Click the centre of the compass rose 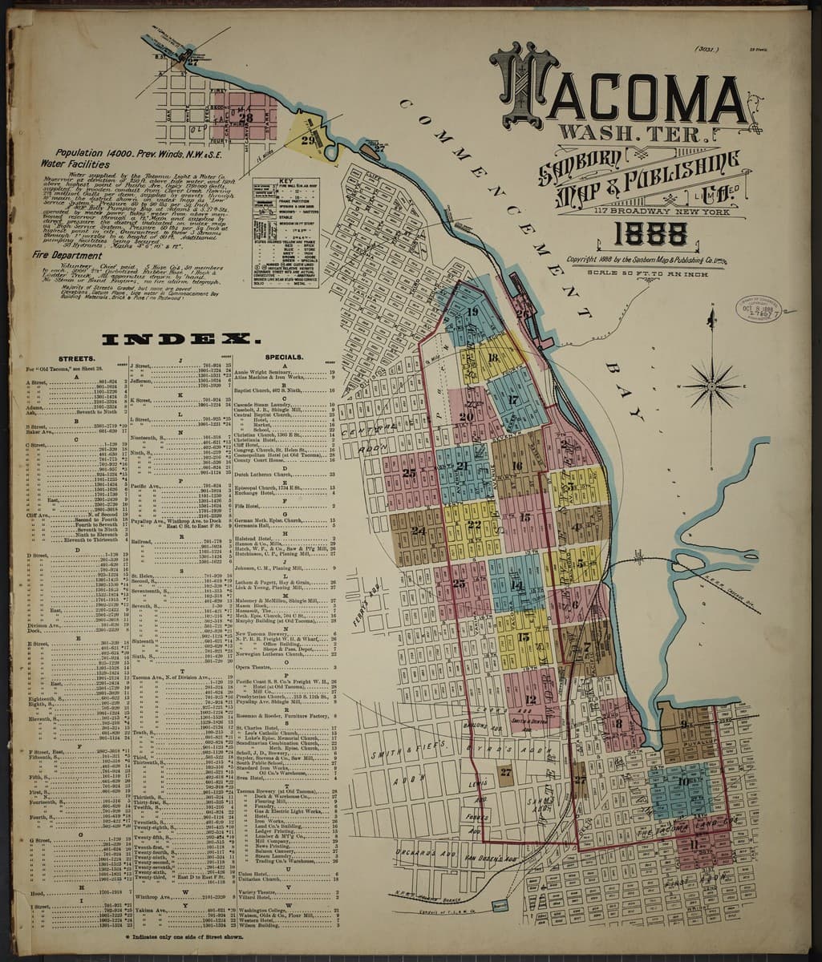pyautogui.click(x=711, y=386)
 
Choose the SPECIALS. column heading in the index pyautogui.click(x=283, y=358)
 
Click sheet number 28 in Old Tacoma pyautogui.click(x=245, y=117)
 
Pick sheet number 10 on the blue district pyautogui.click(x=682, y=782)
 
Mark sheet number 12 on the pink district pyautogui.click(x=530, y=700)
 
